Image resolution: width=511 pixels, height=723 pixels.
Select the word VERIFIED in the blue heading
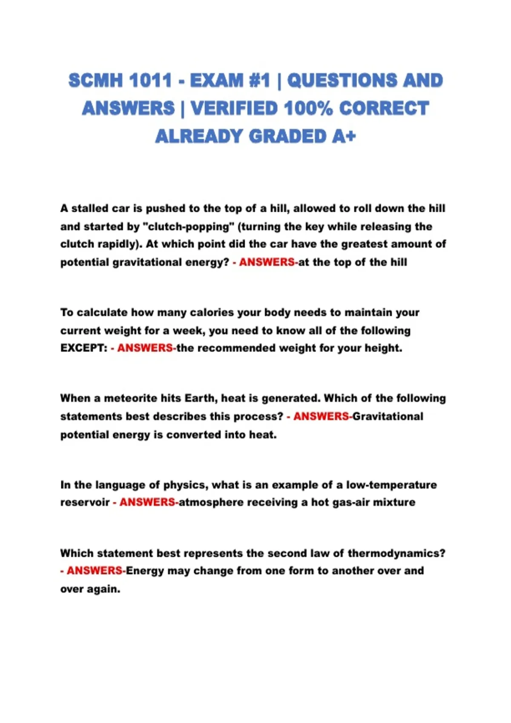point(233,108)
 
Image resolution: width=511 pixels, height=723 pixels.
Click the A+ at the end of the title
point(344,137)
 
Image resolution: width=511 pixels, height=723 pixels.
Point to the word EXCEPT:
point(84,348)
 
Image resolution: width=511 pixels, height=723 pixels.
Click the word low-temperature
point(391,485)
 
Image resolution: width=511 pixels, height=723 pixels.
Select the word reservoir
point(85,503)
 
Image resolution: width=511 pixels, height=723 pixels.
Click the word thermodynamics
point(396,554)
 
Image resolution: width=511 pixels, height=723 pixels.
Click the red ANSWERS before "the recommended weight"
point(145,348)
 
